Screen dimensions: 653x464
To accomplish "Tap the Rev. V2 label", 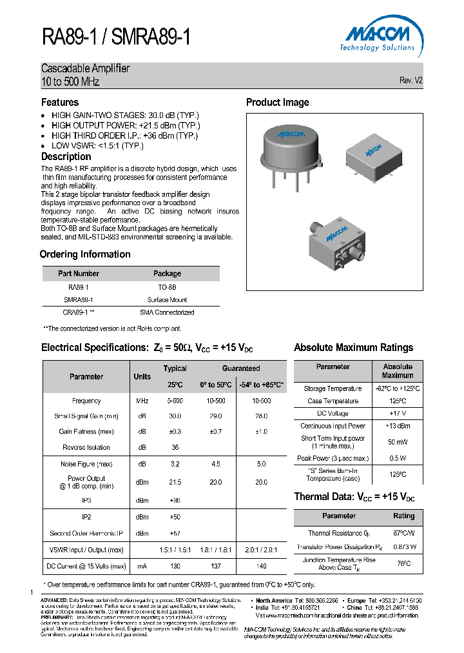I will tap(411, 81).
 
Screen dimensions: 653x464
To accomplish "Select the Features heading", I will tap(60, 102).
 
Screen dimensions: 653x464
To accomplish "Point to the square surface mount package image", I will tap(369, 154).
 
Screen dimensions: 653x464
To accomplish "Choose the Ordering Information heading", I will tap(85, 254).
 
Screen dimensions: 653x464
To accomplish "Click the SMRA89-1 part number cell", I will tap(78, 299).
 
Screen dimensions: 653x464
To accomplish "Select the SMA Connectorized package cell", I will tap(167, 312).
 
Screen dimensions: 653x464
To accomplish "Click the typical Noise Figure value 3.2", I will tap(175, 464).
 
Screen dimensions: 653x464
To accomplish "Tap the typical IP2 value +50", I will tap(175, 517).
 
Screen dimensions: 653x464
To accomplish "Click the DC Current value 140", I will tap(260, 566).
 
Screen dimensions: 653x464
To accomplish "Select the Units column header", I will tap(142, 377).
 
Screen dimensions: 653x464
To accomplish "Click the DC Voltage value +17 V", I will tap(398, 413).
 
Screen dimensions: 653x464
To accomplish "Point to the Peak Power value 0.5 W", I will tap(398, 458).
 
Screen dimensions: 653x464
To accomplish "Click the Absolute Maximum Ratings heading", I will tap(353, 348).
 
